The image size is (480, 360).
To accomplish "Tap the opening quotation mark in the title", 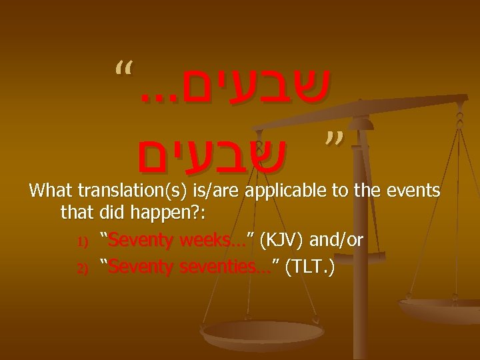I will tap(122, 68).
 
